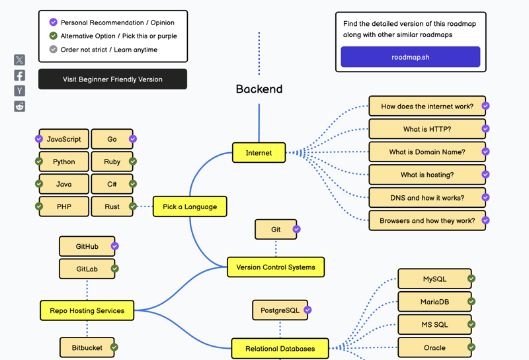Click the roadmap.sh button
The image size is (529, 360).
[410, 57]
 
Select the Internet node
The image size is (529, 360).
[259, 153]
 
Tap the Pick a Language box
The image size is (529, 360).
[190, 206]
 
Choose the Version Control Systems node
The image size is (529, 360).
[276, 267]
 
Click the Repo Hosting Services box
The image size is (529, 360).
[87, 310]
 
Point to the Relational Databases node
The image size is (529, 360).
[280, 349]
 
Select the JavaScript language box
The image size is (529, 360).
[63, 139]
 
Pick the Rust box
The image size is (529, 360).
[112, 206]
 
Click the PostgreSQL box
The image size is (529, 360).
[280, 310]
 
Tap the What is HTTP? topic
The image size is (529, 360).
[427, 129]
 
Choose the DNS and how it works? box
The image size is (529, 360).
[427, 198]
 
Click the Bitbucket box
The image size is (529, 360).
[87, 347]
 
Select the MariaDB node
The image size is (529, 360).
[434, 302]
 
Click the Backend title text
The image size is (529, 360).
[259, 89]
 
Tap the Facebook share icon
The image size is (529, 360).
[20, 75]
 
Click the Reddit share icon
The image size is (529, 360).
[20, 106]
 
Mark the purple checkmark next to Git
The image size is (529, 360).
[297, 229]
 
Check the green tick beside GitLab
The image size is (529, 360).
[115, 269]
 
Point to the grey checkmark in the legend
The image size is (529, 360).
[54, 50]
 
